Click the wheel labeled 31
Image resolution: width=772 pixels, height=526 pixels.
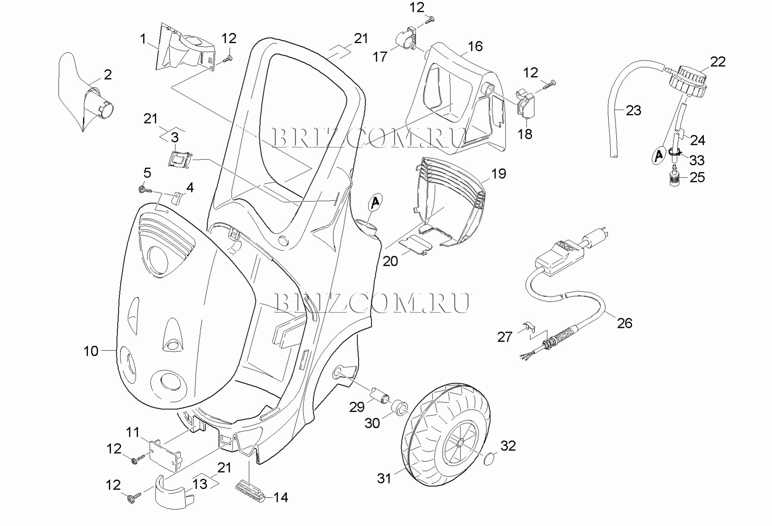click(x=445, y=435)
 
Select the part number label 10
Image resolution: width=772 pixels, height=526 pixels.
click(x=91, y=351)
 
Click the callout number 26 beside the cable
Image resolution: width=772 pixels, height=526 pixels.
click(x=624, y=323)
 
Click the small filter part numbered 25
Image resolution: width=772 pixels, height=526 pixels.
click(x=674, y=178)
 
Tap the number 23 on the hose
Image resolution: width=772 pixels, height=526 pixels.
click(x=633, y=110)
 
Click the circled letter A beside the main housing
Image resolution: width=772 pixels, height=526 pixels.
click(x=375, y=202)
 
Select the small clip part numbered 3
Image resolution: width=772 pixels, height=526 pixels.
click(x=178, y=159)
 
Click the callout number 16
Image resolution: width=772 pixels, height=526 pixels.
click(x=475, y=46)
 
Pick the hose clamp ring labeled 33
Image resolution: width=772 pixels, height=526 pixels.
click(x=674, y=152)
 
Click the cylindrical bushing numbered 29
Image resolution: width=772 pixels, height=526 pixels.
click(x=380, y=393)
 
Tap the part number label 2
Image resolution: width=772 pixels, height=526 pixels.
click(x=108, y=75)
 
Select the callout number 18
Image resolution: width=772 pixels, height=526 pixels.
click(x=525, y=134)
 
